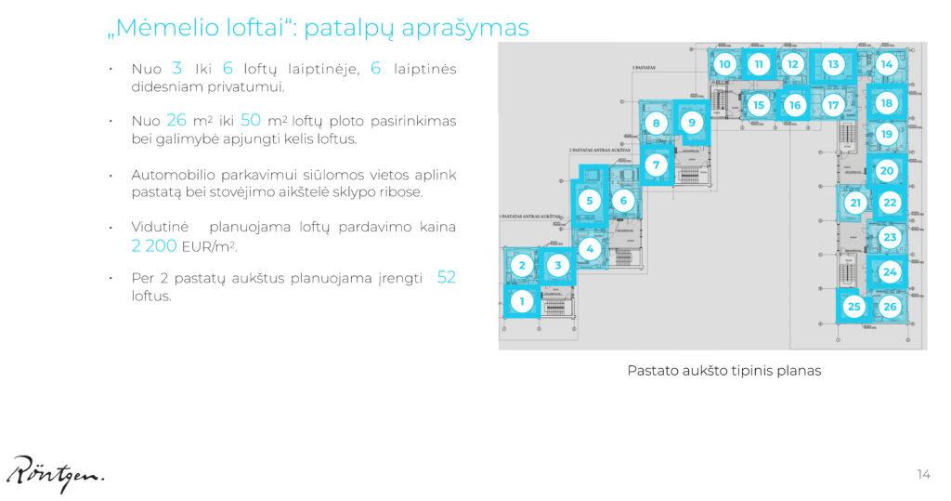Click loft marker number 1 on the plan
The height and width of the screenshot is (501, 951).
click(x=522, y=300)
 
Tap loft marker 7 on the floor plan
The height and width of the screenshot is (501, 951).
click(x=656, y=165)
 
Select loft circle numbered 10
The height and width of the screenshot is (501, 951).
click(x=725, y=64)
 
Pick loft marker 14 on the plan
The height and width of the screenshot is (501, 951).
click(x=887, y=64)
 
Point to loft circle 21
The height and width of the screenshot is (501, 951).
click(x=855, y=203)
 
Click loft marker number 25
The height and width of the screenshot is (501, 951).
click(x=854, y=306)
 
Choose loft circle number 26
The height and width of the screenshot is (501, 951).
click(x=890, y=306)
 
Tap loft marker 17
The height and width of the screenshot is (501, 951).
click(x=833, y=105)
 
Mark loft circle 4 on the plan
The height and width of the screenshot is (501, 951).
click(x=589, y=248)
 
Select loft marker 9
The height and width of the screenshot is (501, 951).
click(x=690, y=122)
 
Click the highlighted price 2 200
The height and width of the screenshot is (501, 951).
click(x=154, y=246)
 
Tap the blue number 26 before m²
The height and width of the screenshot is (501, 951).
click(x=176, y=121)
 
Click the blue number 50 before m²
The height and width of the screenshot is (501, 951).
click(x=250, y=121)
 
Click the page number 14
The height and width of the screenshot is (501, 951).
click(x=923, y=475)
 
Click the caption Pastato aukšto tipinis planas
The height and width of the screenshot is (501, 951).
click(x=723, y=370)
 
